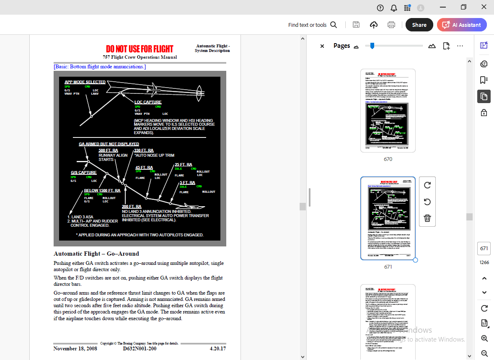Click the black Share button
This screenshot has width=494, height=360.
tap(419, 25)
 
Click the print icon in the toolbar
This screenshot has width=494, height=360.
tap(391, 25)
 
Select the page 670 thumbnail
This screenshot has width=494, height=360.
tap(388, 111)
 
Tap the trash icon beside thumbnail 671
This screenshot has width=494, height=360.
tap(427, 218)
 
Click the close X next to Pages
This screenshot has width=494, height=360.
tap(322, 46)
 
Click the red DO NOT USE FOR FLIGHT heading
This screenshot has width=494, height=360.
tap(140, 49)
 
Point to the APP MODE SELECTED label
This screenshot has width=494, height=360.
tap(85, 82)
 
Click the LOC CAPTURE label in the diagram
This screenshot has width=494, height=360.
tap(148, 102)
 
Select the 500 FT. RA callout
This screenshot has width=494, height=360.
tap(108, 150)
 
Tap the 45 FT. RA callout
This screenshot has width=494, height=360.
tap(144, 168)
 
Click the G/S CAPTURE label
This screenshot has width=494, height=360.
tap(84, 173)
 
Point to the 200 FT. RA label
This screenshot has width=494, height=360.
tap(132, 207)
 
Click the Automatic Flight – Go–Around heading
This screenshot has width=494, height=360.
tap(96, 254)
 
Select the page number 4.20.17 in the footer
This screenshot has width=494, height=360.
tap(217, 348)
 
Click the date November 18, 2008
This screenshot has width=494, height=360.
tap(75, 348)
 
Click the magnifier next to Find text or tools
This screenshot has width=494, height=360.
tap(334, 25)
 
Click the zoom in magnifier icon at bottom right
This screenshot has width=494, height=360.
tap(484, 338)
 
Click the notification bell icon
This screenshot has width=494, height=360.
tap(393, 8)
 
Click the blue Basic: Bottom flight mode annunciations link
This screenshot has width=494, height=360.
tap(100, 67)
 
